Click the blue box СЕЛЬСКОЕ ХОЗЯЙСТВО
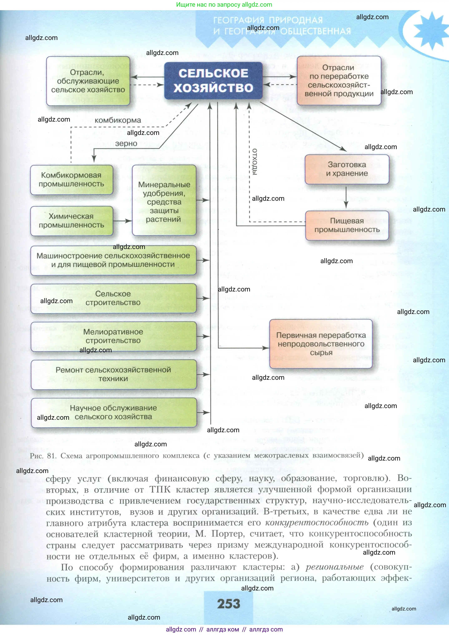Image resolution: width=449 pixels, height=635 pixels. [x=213, y=81]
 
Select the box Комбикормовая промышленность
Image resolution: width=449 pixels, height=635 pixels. [x=71, y=180]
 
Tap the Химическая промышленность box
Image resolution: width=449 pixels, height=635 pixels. [x=71, y=221]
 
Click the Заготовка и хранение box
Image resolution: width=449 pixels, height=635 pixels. [x=347, y=169]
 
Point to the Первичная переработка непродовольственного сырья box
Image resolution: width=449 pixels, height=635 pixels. [x=321, y=344]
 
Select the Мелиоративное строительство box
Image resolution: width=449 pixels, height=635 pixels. [x=113, y=336]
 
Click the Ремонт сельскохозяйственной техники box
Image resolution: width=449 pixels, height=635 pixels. [x=113, y=374]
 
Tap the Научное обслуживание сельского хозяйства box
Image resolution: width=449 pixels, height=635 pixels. [x=113, y=412]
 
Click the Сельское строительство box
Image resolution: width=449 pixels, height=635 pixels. [x=113, y=298]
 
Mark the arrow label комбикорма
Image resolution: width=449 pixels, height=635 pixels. [x=118, y=120]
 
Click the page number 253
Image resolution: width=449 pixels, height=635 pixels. [x=228, y=604]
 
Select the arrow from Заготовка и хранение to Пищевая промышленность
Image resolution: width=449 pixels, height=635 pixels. [x=346, y=197]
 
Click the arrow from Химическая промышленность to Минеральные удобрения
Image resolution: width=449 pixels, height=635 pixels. [x=122, y=221]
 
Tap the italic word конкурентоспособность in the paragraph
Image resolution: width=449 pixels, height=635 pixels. [x=317, y=522]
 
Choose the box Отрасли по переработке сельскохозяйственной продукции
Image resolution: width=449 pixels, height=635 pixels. [x=339, y=81]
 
